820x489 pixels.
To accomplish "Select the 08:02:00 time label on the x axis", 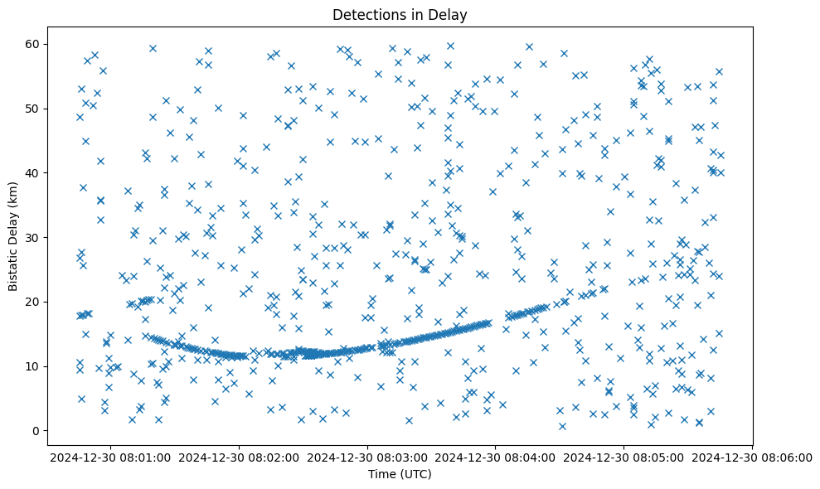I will coord(240,457).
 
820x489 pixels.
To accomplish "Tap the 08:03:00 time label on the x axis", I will coord(368,457).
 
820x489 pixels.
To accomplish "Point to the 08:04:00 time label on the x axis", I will coord(496,457).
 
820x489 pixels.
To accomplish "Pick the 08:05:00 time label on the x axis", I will coord(624,457).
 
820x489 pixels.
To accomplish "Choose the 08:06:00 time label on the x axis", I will coord(752,457).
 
